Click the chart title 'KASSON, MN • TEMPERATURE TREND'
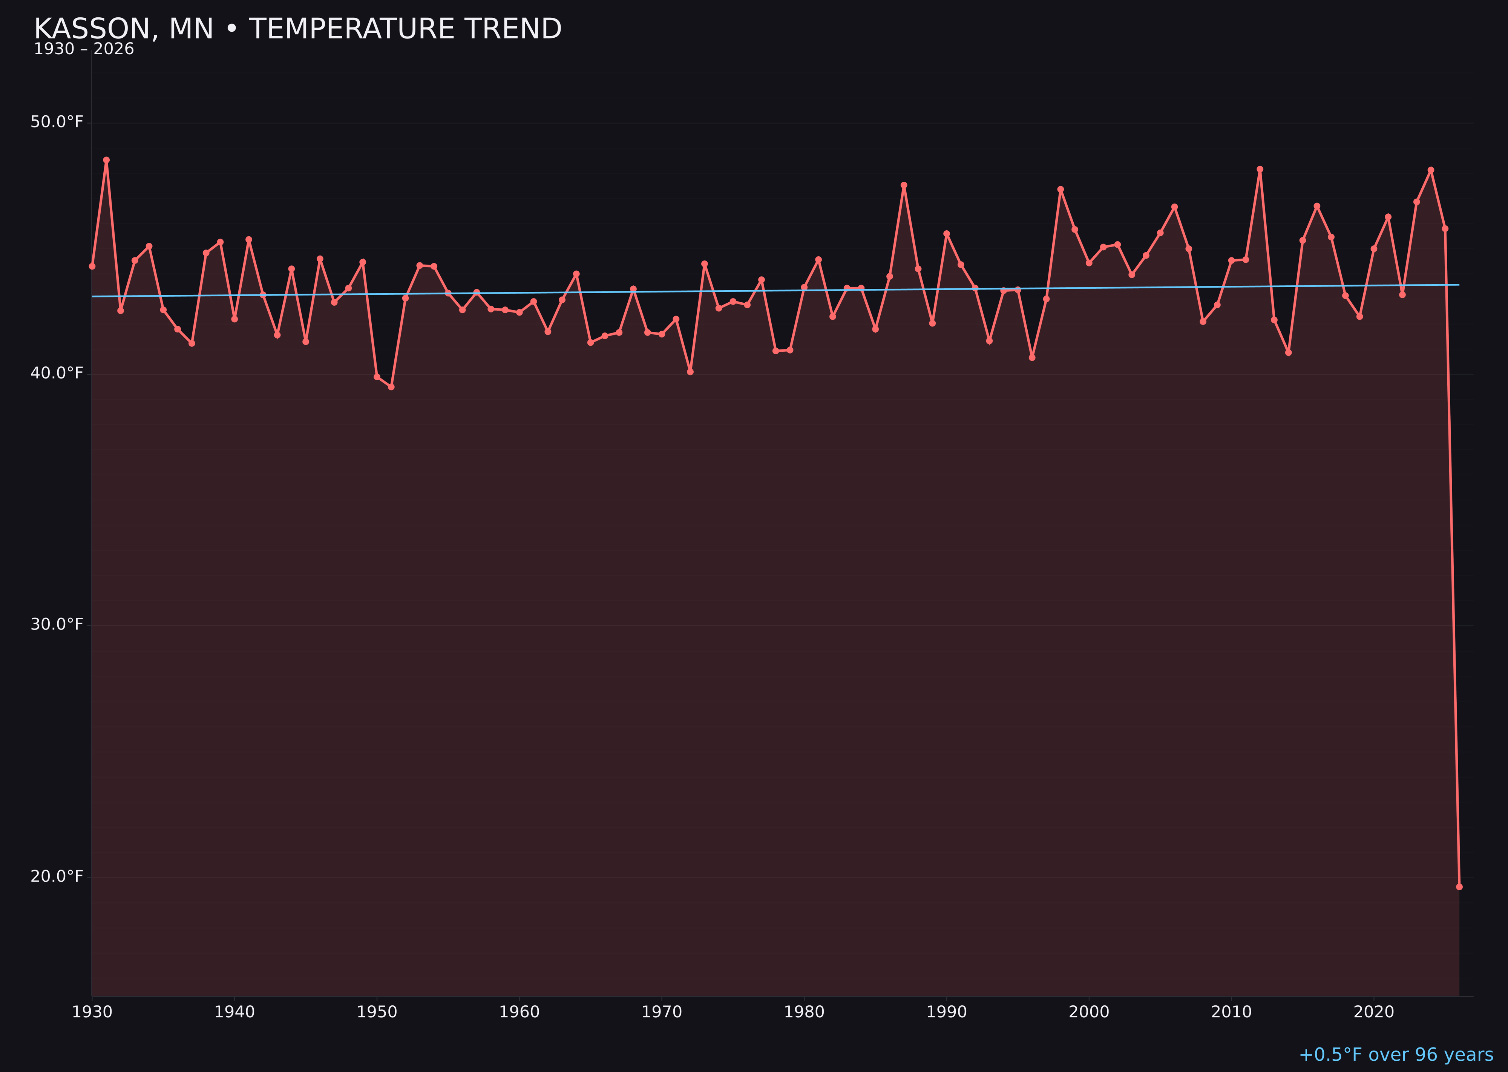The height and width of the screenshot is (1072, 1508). pos(297,29)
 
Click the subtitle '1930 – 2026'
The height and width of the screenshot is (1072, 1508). pos(84,49)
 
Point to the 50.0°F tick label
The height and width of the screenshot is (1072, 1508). pos(57,122)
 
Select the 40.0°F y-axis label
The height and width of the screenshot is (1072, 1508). pos(57,374)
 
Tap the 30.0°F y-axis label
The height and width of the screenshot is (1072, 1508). pos(57,625)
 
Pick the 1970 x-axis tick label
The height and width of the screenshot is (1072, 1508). pos(662,1012)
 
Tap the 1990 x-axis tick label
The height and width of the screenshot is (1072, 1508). pos(946,1012)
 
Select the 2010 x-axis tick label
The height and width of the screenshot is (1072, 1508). pos(1231,1012)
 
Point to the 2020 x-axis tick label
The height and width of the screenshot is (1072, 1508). pos(1373,1012)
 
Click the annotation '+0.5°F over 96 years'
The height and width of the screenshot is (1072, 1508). pos(1396,1055)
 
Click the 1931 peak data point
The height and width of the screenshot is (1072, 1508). pos(106,160)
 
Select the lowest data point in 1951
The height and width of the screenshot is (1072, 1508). pos(391,387)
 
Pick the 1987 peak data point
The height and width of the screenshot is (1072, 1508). pos(904,185)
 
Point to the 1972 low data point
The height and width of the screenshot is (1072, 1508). pos(690,372)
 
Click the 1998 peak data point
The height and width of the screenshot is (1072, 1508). pos(1061,190)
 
